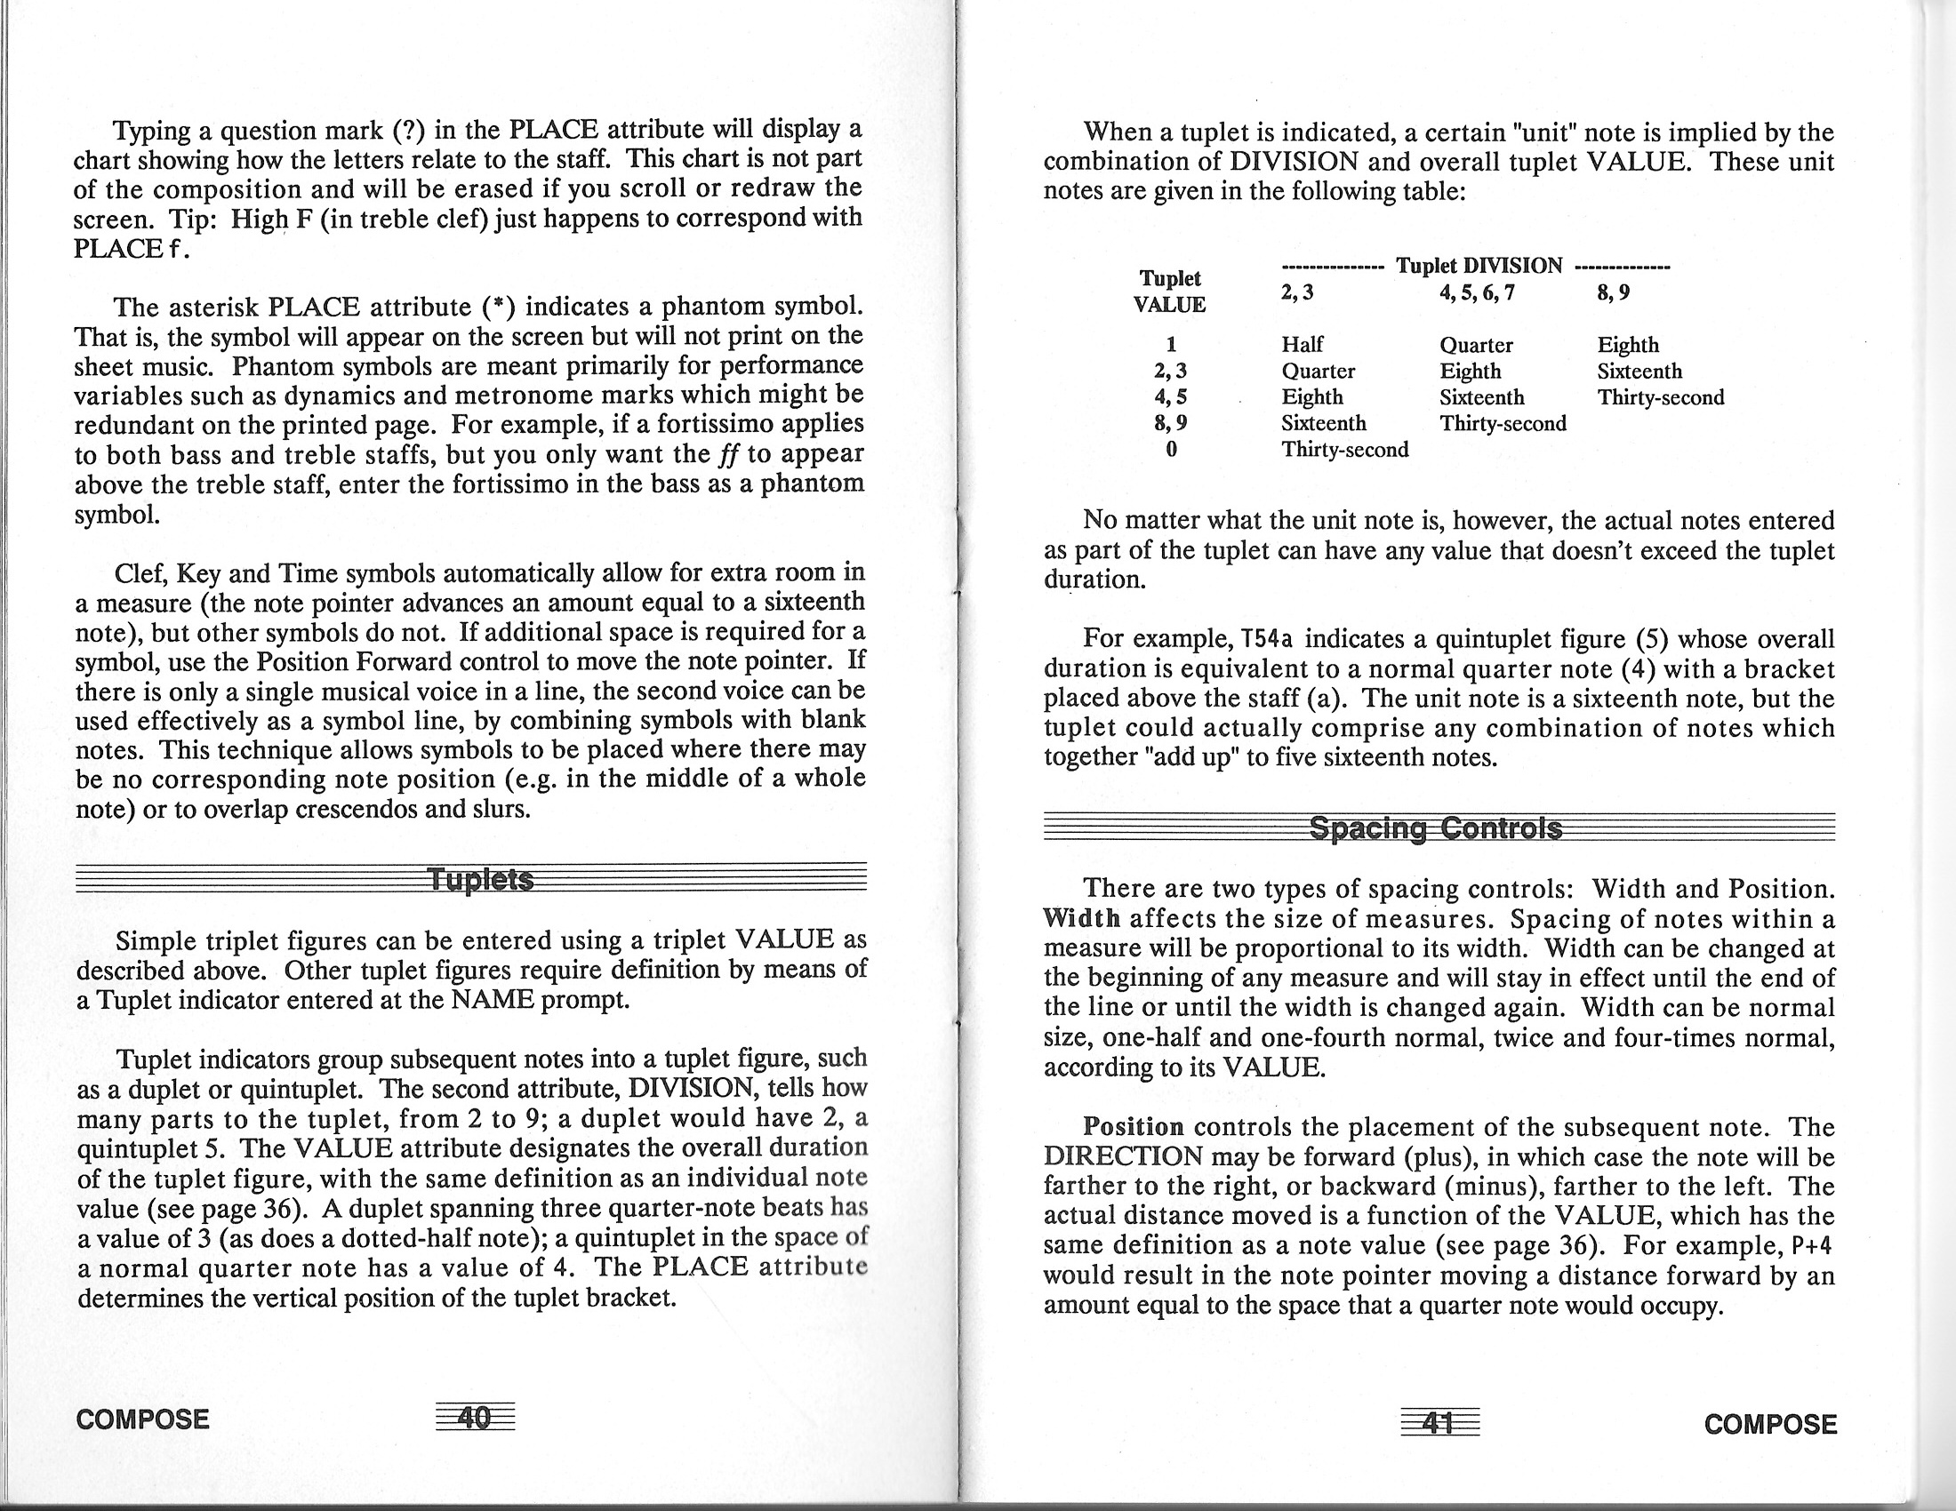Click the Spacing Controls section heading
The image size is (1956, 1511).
1436,827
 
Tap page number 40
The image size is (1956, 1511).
475,1418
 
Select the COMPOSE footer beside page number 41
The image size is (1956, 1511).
1769,1423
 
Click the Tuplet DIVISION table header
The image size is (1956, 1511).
1479,266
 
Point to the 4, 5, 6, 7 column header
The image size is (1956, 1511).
1477,292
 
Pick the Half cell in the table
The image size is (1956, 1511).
1303,345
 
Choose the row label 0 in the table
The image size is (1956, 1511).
1171,450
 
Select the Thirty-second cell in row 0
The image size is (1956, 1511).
1344,450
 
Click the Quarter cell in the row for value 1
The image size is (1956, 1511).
1476,345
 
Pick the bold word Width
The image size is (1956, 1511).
1082,919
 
